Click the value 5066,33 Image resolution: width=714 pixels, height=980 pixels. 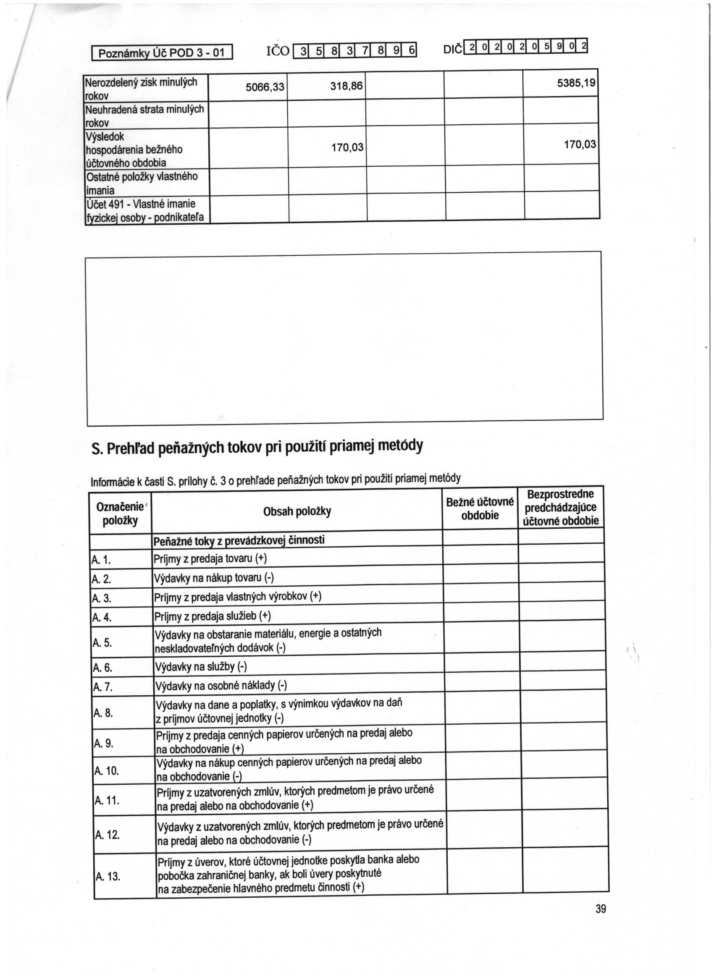coord(265,87)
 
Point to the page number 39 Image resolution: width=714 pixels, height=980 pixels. coord(601,909)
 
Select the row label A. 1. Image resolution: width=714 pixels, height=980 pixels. coord(101,561)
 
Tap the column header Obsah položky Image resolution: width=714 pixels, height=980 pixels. coord(297,511)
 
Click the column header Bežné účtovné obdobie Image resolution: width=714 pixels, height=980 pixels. coord(480,508)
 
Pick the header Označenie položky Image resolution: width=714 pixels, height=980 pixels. coord(120,514)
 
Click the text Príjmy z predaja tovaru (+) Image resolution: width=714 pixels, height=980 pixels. coord(210,559)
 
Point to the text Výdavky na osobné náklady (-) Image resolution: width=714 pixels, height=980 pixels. coord(220,685)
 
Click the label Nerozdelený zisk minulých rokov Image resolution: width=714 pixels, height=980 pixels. coord(142,88)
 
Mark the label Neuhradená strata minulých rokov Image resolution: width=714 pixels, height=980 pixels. coord(144,115)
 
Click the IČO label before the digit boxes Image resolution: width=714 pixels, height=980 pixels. coord(277,51)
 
